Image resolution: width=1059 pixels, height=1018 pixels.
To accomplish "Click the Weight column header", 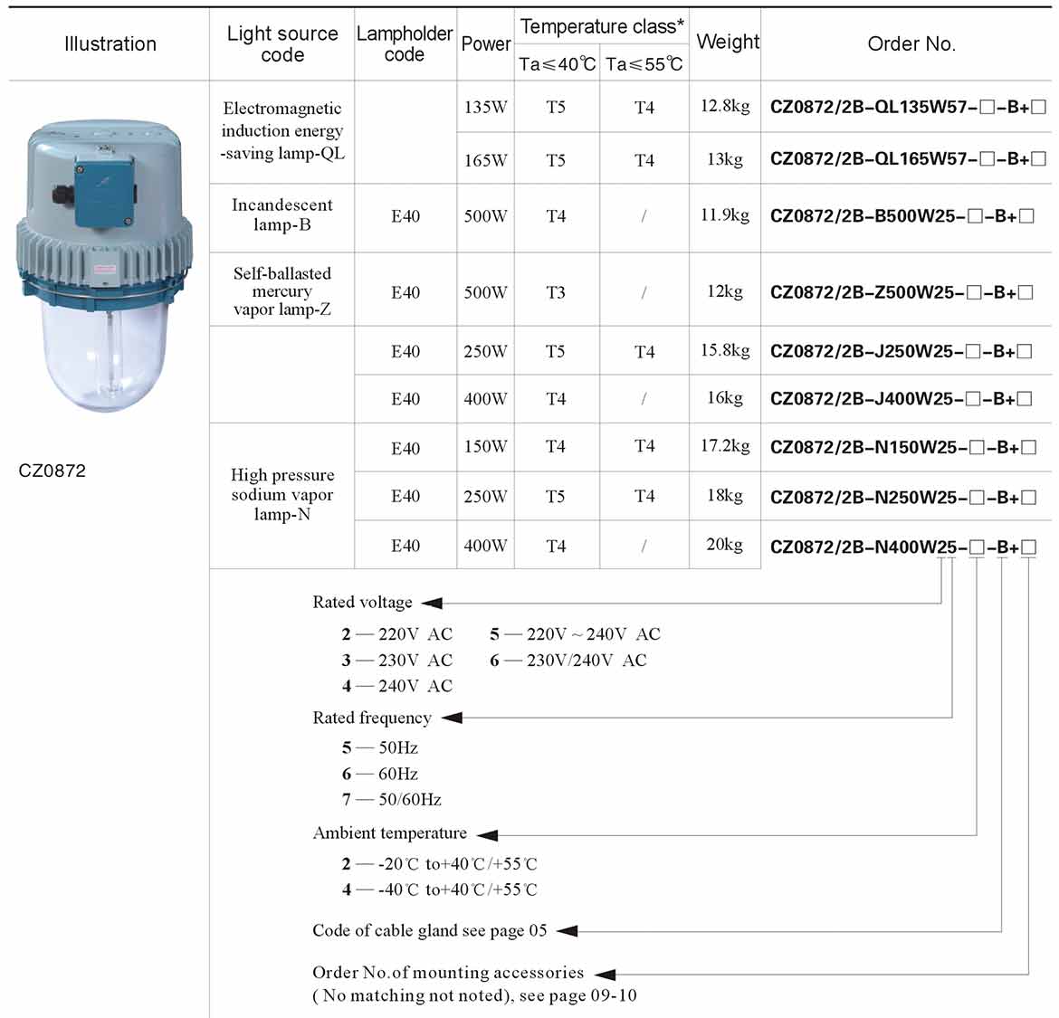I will pos(727,43).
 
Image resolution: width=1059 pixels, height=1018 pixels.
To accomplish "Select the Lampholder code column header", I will pos(405,43).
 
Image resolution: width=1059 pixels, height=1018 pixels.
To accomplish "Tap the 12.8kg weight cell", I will pos(725,106).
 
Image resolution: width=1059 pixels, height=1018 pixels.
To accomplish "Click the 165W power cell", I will pos(485,160).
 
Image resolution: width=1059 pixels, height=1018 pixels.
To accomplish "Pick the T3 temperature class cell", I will pos(556,292).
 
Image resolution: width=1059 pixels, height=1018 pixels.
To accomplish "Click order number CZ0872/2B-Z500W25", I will pos(902,292).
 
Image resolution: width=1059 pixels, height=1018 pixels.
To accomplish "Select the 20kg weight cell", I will pos(724,545).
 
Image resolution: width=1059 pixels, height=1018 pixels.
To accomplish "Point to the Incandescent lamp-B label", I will pos(281,215).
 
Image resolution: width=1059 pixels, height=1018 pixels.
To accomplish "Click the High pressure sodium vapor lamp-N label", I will pos(281,494).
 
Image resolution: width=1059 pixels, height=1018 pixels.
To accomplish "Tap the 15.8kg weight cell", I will pos(725,350).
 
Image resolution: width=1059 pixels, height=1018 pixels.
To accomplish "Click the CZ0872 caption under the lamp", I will pos(52,471).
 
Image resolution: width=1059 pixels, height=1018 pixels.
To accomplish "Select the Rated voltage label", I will pos(362,603).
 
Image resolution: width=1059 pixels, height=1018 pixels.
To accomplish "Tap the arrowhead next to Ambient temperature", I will pos(487,834).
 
